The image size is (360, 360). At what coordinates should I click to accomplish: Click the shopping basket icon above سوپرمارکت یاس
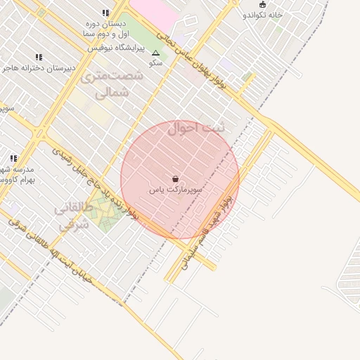click(x=175, y=179)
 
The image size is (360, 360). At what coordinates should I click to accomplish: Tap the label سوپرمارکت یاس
click(x=176, y=190)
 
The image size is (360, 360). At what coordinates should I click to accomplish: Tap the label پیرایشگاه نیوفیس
click(x=115, y=49)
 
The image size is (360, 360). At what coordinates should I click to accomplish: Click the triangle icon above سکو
click(x=155, y=53)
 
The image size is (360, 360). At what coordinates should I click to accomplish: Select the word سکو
click(x=155, y=63)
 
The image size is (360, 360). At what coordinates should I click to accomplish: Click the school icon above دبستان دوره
click(x=105, y=13)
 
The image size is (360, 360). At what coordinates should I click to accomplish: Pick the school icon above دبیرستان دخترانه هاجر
click(x=39, y=57)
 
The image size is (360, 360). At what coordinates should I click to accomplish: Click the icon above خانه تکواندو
click(x=262, y=4)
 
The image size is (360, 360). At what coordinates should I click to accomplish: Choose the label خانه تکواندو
click(x=262, y=14)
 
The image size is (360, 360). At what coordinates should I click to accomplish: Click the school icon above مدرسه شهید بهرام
click(x=13, y=158)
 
